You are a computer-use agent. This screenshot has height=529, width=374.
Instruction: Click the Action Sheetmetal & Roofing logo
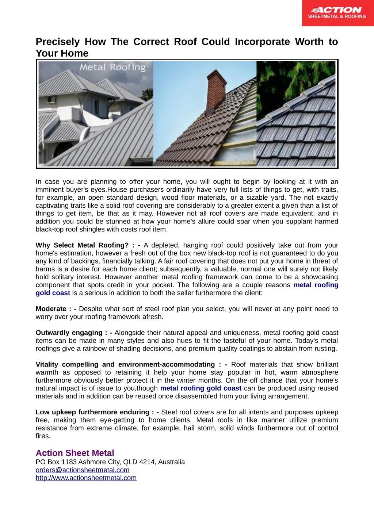[x=337, y=13]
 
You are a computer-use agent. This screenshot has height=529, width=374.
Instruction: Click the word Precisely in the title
[x=57, y=42]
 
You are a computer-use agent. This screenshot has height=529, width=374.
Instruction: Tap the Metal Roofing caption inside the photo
[x=112, y=67]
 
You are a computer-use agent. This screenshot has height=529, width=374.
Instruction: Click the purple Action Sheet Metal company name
[x=75, y=453]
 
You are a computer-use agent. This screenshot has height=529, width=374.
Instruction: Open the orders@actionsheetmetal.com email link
[x=83, y=470]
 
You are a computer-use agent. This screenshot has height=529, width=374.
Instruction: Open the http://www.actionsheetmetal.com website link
[x=86, y=478]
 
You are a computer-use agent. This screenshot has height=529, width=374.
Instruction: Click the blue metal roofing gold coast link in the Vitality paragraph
[x=201, y=388]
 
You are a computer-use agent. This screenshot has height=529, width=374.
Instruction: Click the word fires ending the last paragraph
[x=43, y=436]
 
